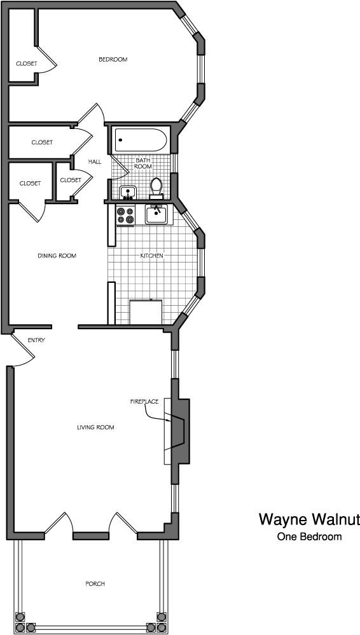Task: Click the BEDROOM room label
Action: coord(113,60)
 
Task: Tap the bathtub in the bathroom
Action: coord(141,140)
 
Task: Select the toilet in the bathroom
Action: coord(156,189)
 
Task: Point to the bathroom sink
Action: coord(128,193)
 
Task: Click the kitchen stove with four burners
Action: coord(125,215)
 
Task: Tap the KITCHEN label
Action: coord(151,256)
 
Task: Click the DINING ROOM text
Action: coord(57,256)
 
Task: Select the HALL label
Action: coord(95,161)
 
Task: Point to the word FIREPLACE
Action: coord(144,401)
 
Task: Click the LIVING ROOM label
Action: coord(95,427)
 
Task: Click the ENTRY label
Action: coord(36,340)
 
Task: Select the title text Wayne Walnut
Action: coord(309,519)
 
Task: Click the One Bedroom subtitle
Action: coord(309,536)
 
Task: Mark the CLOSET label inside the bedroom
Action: coord(26,64)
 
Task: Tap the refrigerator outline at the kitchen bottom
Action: coord(146,312)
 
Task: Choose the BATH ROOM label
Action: coord(143,163)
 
